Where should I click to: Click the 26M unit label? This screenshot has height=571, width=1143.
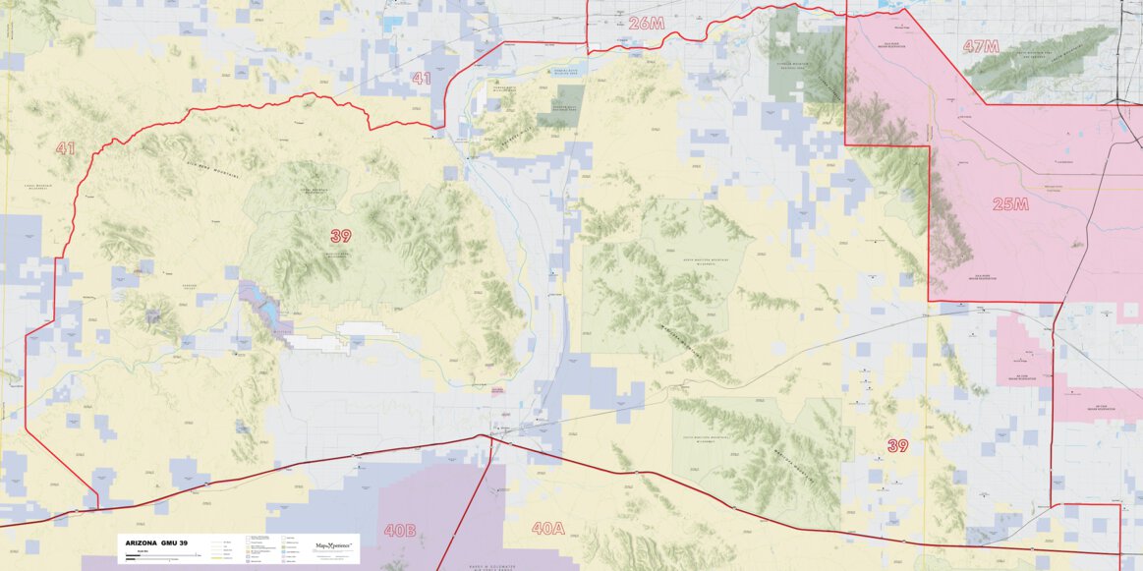(647, 23)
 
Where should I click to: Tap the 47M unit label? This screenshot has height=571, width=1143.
(981, 46)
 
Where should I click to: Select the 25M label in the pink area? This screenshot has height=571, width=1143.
(1010, 203)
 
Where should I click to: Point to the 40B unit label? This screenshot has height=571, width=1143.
(400, 531)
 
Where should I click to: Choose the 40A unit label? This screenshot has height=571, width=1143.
(547, 529)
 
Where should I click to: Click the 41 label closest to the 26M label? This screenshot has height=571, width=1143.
(422, 79)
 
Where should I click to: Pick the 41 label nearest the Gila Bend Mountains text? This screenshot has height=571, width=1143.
(65, 148)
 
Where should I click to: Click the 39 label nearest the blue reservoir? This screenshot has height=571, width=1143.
(341, 236)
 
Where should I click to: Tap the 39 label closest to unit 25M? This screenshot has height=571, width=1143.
(897, 445)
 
